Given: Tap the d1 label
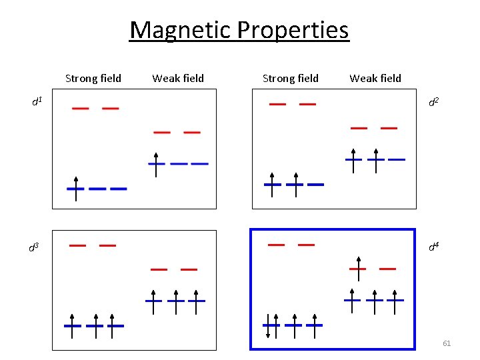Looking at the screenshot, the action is click(x=37, y=101).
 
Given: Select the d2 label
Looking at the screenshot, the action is click(x=433, y=101).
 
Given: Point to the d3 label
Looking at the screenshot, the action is click(x=33, y=247).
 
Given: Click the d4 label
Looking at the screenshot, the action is click(x=433, y=247).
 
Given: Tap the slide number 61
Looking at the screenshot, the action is click(x=447, y=343).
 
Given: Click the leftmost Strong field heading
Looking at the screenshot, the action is click(x=93, y=79).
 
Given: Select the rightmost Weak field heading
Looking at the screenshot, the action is click(x=375, y=79).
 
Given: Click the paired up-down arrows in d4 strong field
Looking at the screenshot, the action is click(x=272, y=324).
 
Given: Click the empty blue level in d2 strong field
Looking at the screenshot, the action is click(x=315, y=184).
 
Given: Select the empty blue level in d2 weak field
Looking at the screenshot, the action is click(x=397, y=159).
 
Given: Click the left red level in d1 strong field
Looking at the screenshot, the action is click(x=81, y=108).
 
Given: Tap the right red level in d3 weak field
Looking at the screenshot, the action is click(x=189, y=269).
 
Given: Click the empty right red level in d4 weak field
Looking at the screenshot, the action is click(x=387, y=269).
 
